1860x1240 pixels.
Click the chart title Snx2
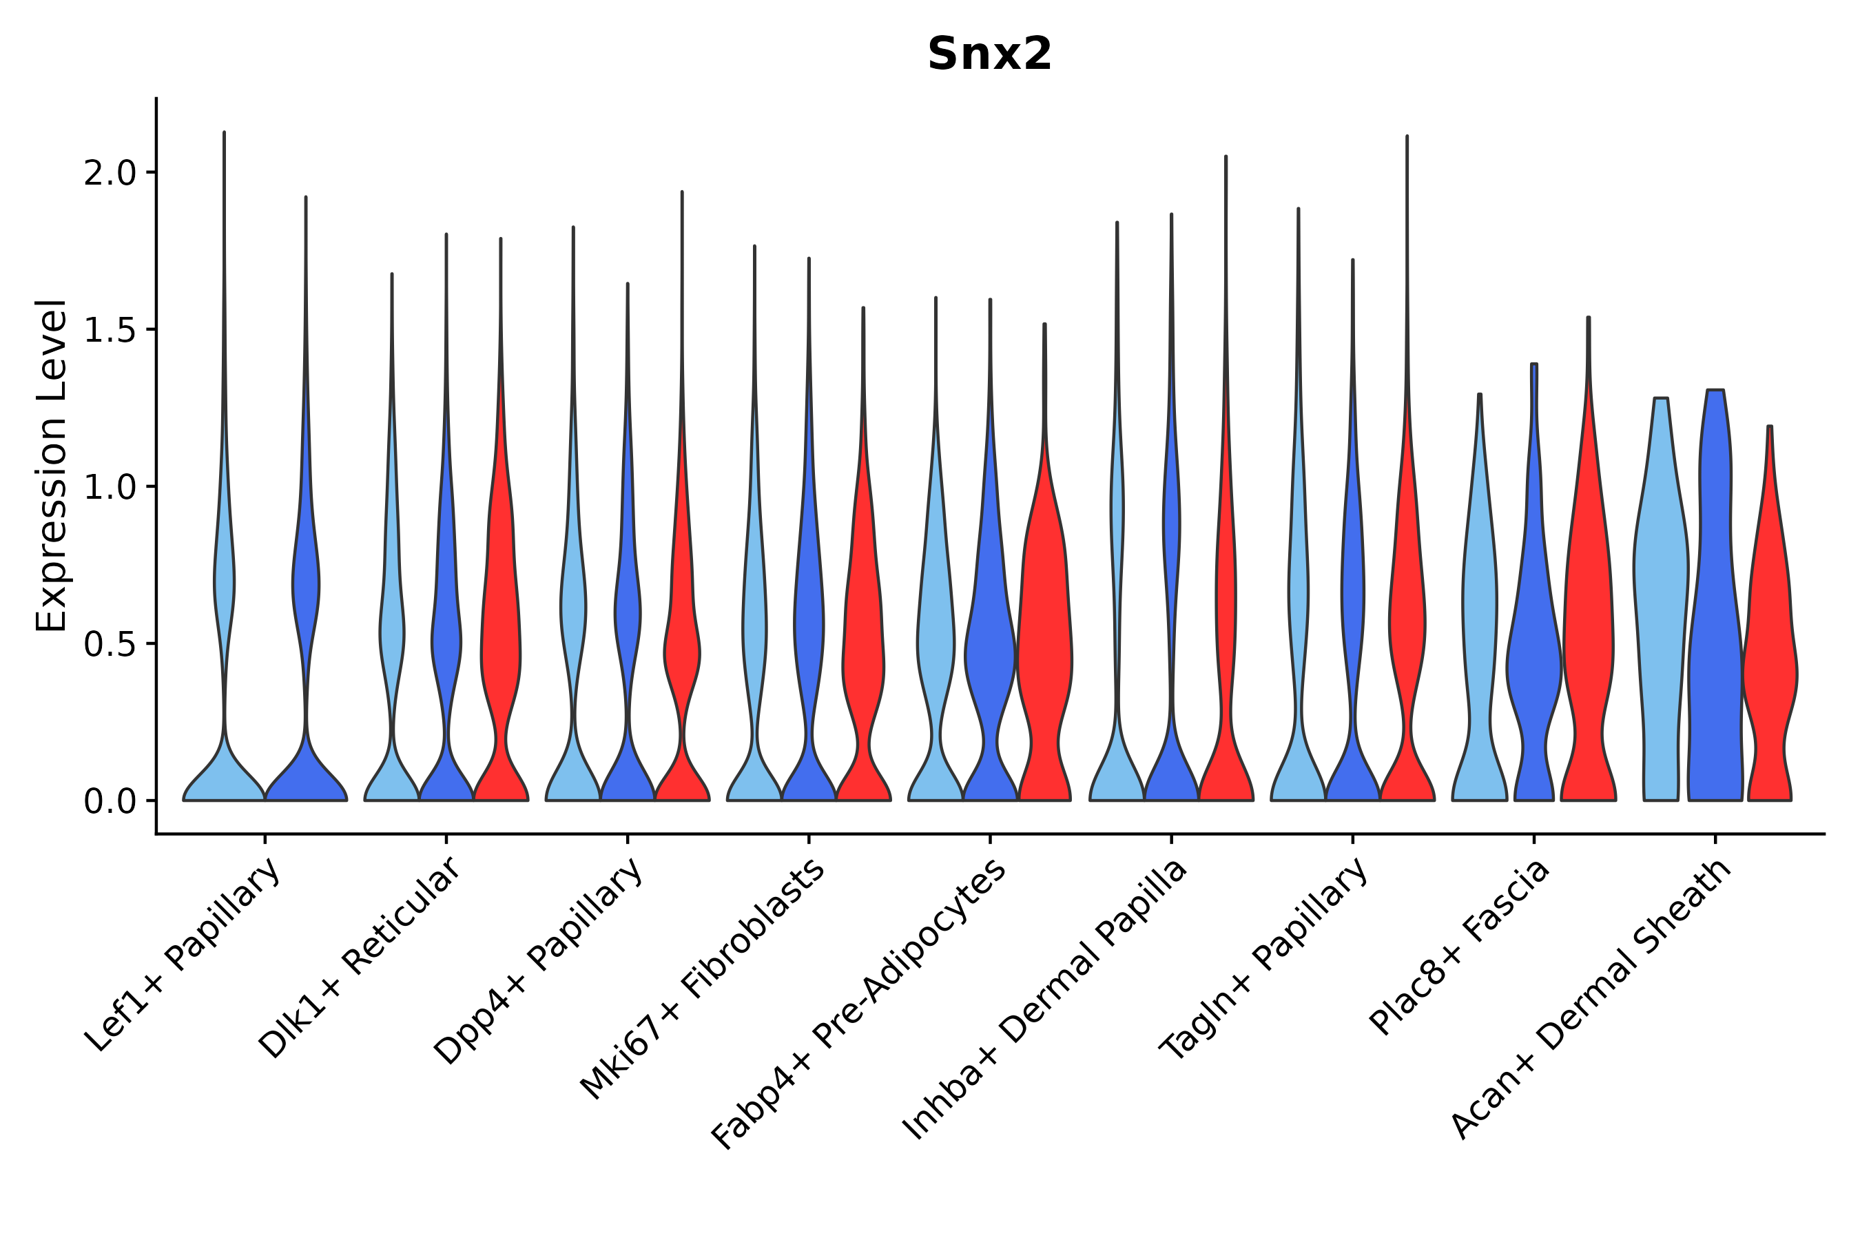click(x=989, y=54)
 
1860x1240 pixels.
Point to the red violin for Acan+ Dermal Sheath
click(x=1770, y=672)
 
